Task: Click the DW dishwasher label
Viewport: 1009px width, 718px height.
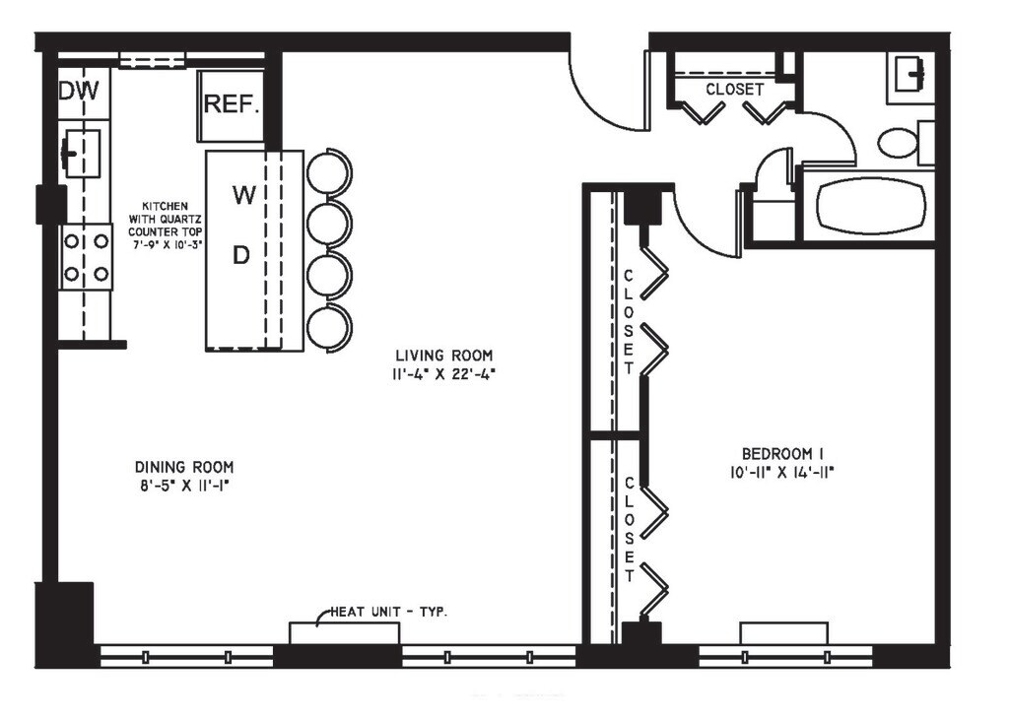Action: pyautogui.click(x=80, y=92)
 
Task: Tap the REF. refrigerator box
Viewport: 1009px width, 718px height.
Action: pyautogui.click(x=232, y=102)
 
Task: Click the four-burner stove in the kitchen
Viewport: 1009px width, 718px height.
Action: pyautogui.click(x=86, y=257)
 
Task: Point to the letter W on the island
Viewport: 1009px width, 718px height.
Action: pyautogui.click(x=243, y=195)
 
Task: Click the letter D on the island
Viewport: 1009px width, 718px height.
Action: pyautogui.click(x=241, y=255)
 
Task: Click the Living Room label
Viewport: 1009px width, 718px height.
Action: pyautogui.click(x=443, y=356)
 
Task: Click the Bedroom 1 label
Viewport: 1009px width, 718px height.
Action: pyautogui.click(x=782, y=453)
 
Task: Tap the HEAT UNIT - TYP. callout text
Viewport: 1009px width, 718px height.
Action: pyautogui.click(x=388, y=612)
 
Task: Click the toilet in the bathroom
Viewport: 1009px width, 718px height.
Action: pyautogui.click(x=899, y=143)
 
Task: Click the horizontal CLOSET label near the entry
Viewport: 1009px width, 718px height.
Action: pyautogui.click(x=734, y=89)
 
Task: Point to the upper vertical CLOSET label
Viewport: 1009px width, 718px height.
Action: pyautogui.click(x=629, y=321)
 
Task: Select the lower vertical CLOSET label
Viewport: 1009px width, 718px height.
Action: pyautogui.click(x=629, y=518)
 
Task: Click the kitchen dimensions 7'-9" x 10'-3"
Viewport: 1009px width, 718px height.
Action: pyautogui.click(x=166, y=244)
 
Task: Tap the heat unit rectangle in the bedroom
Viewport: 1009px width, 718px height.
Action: pyautogui.click(x=784, y=632)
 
